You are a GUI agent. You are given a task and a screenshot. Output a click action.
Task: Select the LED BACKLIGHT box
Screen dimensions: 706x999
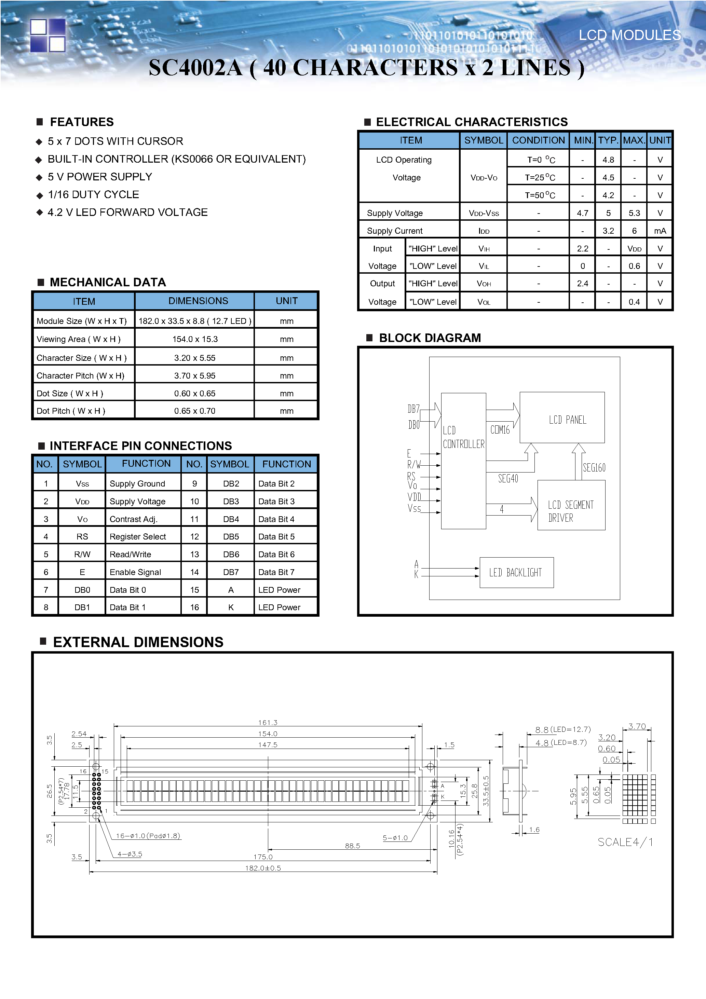pyautogui.click(x=516, y=572)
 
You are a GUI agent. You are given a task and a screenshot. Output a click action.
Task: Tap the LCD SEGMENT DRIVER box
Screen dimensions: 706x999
pyautogui.click(x=571, y=506)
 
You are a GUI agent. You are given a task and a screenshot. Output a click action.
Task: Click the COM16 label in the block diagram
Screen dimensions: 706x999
pyautogui.click(x=500, y=430)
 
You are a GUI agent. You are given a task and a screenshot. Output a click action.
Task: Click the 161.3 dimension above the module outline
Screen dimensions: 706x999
pyautogui.click(x=267, y=722)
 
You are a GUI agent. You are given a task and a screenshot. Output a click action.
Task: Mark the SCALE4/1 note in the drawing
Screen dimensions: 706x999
pyautogui.click(x=625, y=842)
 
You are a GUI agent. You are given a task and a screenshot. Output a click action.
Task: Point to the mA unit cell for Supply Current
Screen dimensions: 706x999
pyautogui.click(x=660, y=231)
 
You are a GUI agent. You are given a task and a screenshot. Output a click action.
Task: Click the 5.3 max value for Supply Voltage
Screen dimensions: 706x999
pyautogui.click(x=634, y=213)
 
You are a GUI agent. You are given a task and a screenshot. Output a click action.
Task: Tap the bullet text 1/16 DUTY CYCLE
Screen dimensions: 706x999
pyautogui.click(x=93, y=194)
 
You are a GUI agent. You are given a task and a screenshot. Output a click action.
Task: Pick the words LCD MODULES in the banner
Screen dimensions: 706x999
pyautogui.click(x=629, y=35)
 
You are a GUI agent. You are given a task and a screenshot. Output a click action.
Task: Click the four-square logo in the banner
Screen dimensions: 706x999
pyautogui.click(x=47, y=35)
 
